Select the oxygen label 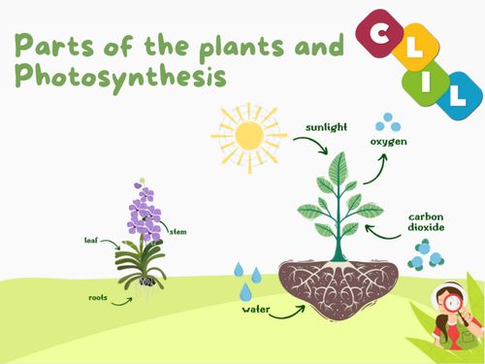388,143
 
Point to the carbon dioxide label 426,225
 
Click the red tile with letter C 379,31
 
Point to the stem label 178,232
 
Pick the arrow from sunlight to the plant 308,146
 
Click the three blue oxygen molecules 388,122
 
